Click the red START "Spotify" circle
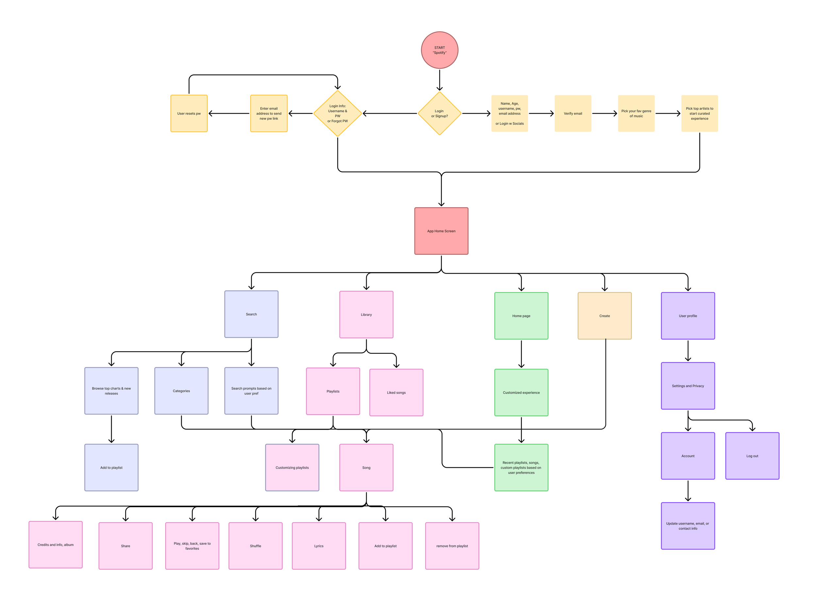[x=439, y=50]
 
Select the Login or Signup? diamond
[x=439, y=113]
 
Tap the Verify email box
[x=573, y=113]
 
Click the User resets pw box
[x=189, y=113]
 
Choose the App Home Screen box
[x=441, y=231]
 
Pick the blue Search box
[x=251, y=314]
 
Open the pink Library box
[x=366, y=314]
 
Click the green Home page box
[x=521, y=316]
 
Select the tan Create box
[x=604, y=316]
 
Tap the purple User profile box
[x=688, y=316]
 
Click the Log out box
[x=752, y=456]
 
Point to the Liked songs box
[x=396, y=392]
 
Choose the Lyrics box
[x=319, y=546]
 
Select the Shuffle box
[x=255, y=546]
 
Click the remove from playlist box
[x=452, y=546]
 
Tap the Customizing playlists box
[x=292, y=468]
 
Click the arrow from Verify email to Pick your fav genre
[x=604, y=113]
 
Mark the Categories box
[x=181, y=391]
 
